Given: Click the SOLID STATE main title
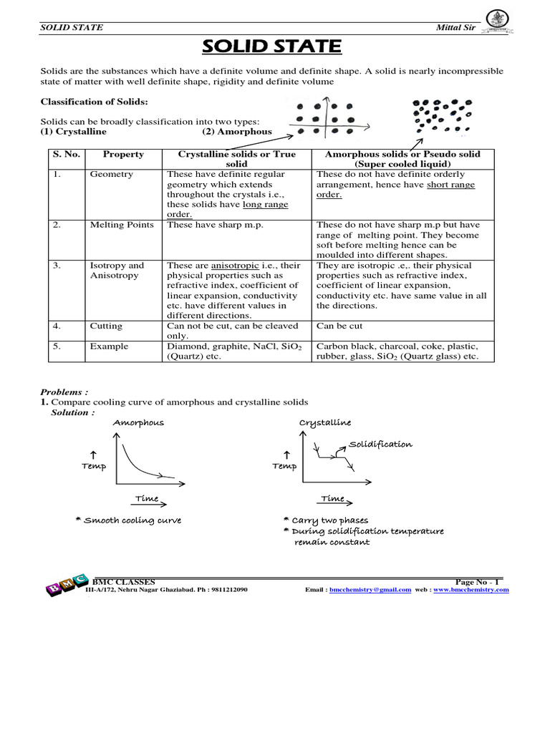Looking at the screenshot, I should (271, 47).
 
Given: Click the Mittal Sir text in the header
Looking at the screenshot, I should (455, 27).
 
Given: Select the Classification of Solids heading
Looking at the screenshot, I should (94, 102).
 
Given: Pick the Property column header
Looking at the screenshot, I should (123, 154).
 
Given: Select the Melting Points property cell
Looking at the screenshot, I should (122, 225).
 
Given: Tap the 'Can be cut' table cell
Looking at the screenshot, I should (339, 326).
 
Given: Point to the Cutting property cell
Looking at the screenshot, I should (106, 326).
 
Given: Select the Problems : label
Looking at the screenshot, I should (64, 392).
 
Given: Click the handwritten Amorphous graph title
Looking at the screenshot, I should (138, 422).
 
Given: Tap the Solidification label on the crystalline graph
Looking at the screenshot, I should (380, 444).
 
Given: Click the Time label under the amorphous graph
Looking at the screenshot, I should (147, 498).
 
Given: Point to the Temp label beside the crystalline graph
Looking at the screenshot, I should (284, 466).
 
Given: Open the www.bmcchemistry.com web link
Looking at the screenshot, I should (471, 590).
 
